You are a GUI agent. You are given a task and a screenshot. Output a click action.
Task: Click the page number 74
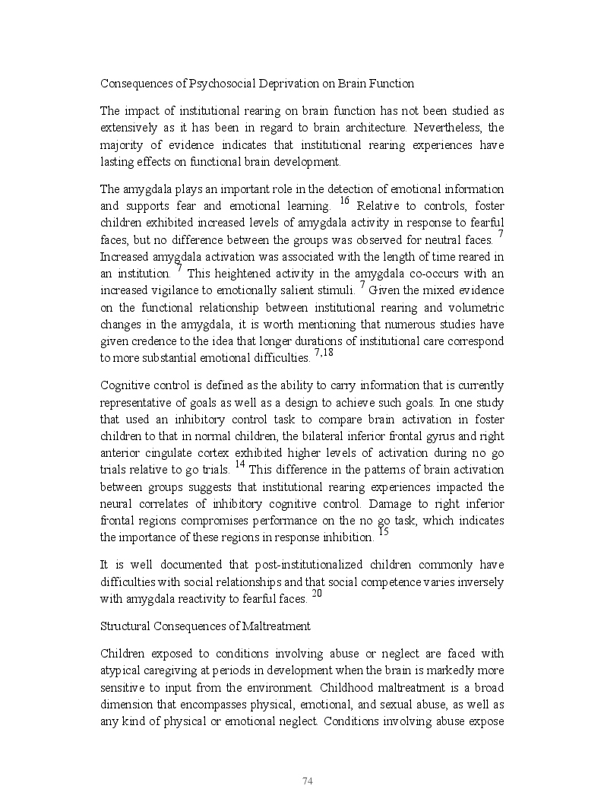click(308, 781)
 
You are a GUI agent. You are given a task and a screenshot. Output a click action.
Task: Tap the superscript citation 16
click(344, 201)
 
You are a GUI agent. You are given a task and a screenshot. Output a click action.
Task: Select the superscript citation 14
click(240, 464)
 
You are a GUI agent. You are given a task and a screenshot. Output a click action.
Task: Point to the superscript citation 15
click(383, 532)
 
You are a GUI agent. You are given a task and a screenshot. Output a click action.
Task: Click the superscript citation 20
click(317, 594)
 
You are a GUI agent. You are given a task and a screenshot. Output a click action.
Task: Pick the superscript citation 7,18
click(324, 352)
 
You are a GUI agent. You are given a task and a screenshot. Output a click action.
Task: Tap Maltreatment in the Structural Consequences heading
click(274, 626)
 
